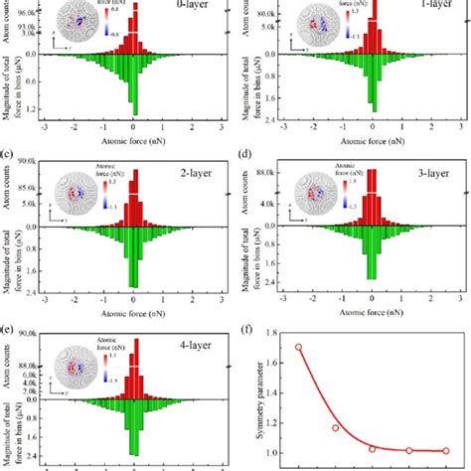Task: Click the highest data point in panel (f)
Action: pos(298,348)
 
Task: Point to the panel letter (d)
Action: pos(246,155)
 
